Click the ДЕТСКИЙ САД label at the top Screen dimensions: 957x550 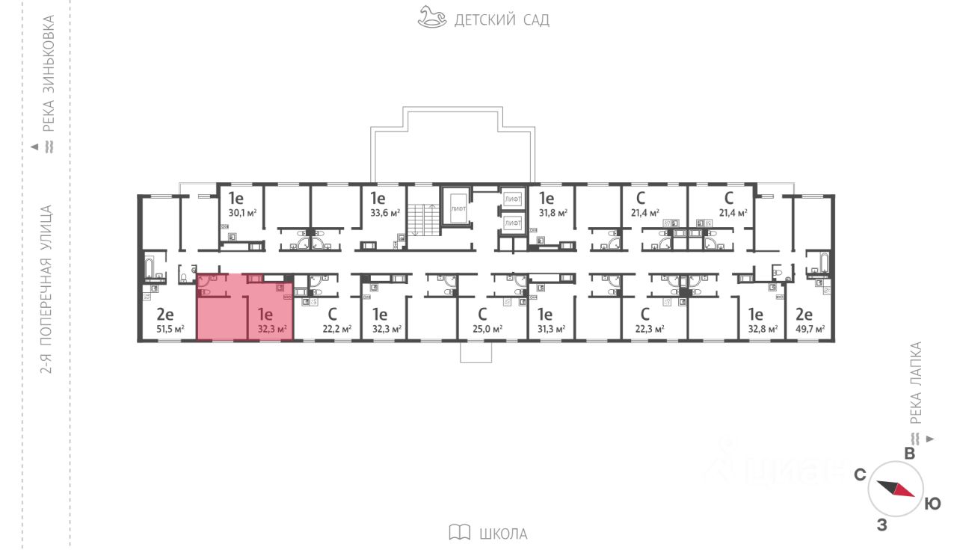[x=502, y=20]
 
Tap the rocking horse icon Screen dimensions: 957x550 [x=432, y=18]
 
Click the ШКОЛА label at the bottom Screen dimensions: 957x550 [x=502, y=534]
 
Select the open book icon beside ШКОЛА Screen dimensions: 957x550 [x=459, y=532]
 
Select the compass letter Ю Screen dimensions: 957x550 [x=932, y=504]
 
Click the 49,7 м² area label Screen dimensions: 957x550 [x=810, y=329]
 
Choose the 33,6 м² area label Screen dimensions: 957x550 [x=384, y=212]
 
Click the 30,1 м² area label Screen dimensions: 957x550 [x=242, y=212]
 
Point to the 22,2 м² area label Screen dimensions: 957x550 [x=336, y=329]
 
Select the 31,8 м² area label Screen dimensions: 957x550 [x=552, y=212]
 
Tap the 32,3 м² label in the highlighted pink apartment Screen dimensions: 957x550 [x=271, y=329]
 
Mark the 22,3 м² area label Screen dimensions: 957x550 [x=649, y=329]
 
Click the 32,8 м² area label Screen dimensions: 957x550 [x=763, y=329]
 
